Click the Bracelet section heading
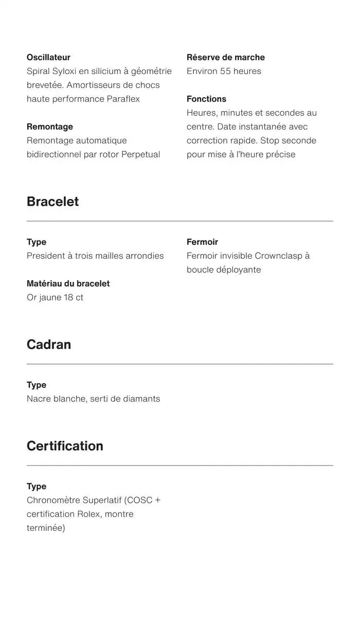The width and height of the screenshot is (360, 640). click(52, 202)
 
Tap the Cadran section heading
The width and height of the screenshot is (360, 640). click(49, 345)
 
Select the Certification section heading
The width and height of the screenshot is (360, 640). click(65, 446)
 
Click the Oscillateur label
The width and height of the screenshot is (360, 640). click(48, 57)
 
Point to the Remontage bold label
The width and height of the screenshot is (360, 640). click(50, 127)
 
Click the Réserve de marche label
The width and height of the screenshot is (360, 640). click(226, 57)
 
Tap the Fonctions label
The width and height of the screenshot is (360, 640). click(206, 99)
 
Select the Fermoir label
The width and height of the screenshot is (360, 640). click(202, 242)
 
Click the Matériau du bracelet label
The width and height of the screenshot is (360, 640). click(68, 283)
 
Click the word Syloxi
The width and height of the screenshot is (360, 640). click(64, 71)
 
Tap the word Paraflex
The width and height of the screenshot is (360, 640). click(123, 99)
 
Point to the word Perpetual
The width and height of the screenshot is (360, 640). click(140, 154)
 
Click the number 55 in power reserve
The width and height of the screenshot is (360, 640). click(225, 71)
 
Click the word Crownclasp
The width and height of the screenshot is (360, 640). click(278, 256)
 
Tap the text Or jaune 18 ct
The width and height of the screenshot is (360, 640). click(55, 297)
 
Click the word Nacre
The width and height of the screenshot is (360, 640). click(39, 399)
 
